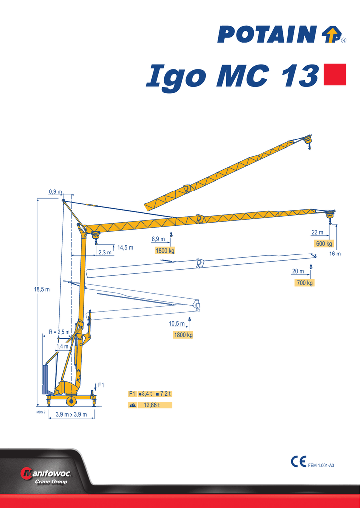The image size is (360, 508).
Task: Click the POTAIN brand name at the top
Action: click(x=267, y=35)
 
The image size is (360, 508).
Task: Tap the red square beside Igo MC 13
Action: click(x=335, y=74)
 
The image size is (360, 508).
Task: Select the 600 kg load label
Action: click(x=324, y=244)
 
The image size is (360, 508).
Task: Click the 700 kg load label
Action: click(x=304, y=283)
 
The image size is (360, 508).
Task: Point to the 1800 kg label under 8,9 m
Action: click(x=165, y=250)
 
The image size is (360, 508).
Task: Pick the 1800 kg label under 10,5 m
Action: click(x=183, y=335)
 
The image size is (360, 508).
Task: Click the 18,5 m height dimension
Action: click(x=42, y=289)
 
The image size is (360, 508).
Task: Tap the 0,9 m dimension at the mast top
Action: click(x=55, y=192)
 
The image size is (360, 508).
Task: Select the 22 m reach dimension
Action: click(x=317, y=232)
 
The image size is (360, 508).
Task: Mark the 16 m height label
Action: click(x=335, y=254)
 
